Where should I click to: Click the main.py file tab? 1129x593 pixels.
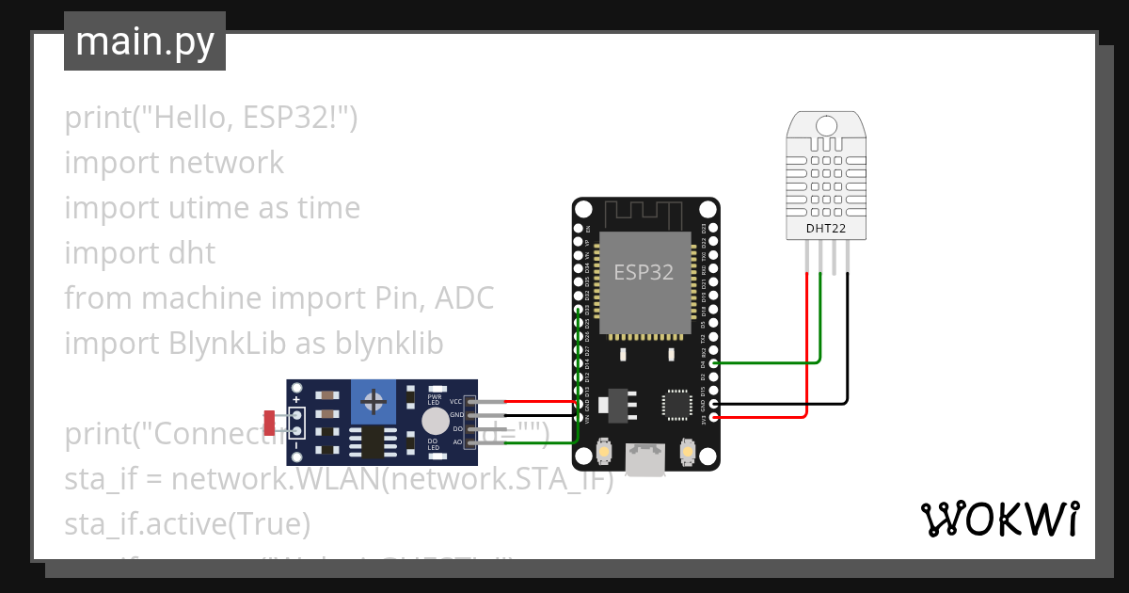tap(144, 41)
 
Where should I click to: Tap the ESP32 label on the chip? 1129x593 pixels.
tap(644, 273)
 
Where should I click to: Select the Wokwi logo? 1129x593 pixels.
tap(998, 520)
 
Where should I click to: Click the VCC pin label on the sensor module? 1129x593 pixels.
tap(456, 401)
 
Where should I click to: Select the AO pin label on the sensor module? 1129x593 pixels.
tap(457, 441)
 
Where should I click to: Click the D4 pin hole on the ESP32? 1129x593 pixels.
tap(714, 362)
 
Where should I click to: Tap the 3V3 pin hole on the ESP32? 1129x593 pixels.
tap(714, 416)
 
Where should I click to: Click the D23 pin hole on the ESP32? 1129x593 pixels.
tap(714, 228)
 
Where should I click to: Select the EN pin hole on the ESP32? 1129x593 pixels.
tap(578, 228)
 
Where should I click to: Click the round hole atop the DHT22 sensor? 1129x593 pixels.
tap(826, 125)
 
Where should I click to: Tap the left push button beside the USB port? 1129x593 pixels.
tap(602, 454)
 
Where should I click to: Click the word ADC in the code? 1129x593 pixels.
tap(465, 298)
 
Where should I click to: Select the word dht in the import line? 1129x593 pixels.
tap(192, 253)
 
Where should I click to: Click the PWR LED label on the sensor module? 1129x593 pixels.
tap(435, 399)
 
